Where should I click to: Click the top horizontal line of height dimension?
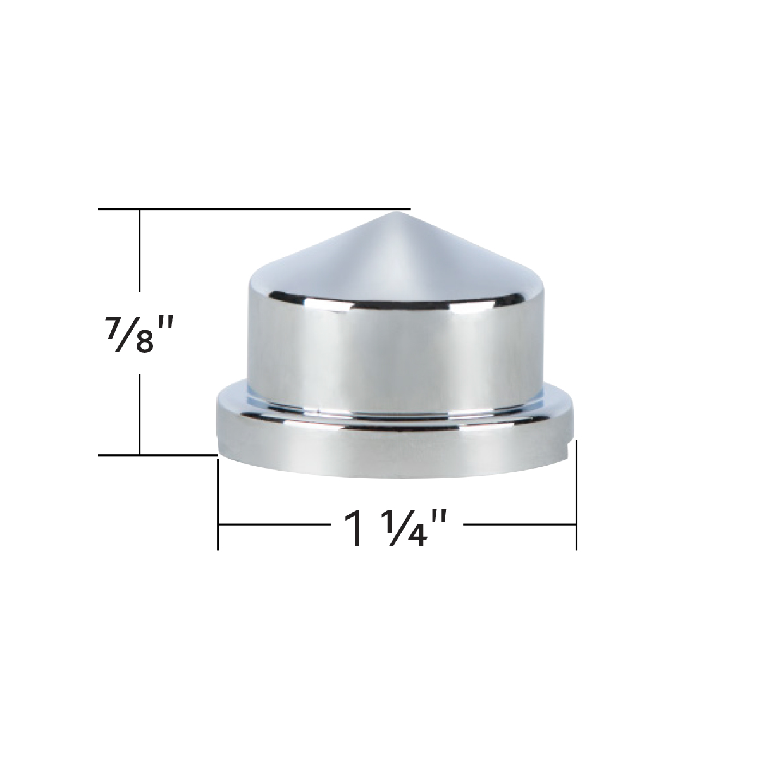(253, 209)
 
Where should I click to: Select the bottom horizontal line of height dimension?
(158, 454)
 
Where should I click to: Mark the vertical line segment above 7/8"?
(139, 253)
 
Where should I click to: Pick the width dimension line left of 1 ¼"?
(272, 524)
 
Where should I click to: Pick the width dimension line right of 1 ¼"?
(519, 524)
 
